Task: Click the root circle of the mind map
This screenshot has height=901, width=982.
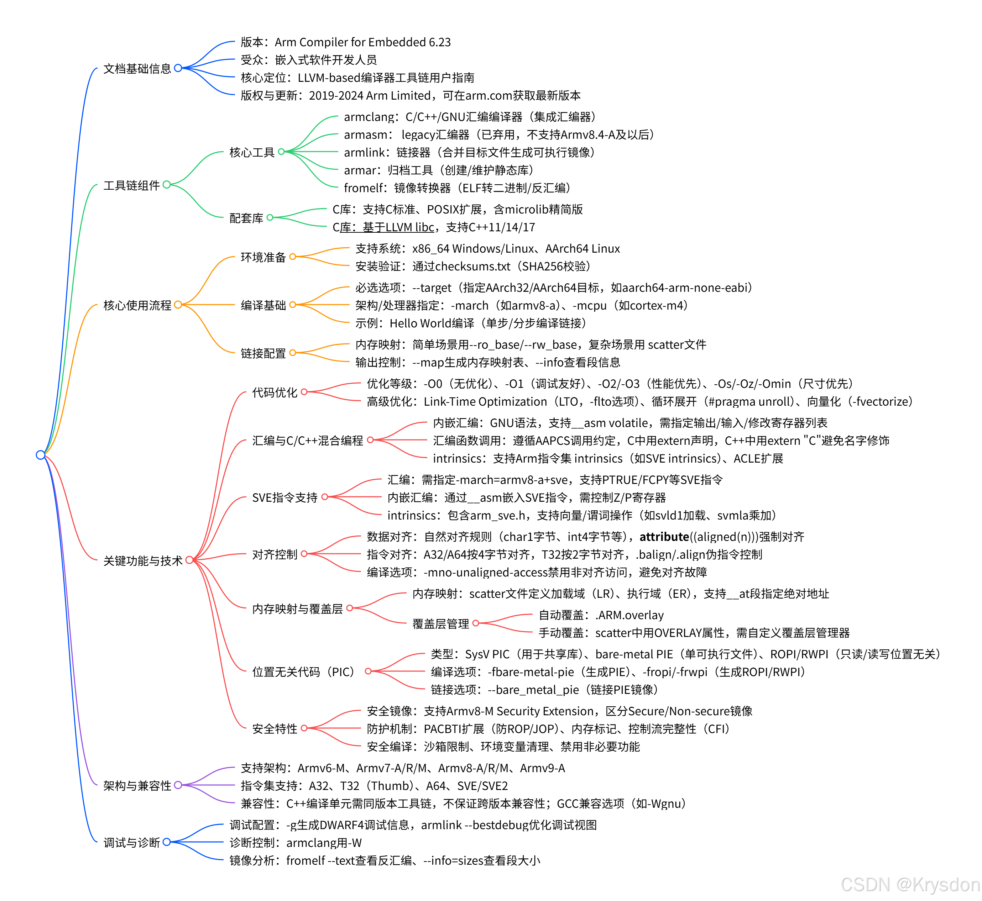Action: (41, 455)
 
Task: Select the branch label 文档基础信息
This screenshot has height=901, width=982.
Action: (137, 69)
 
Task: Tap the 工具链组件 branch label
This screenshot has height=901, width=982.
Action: (132, 185)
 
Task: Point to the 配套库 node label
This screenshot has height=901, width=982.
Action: (246, 218)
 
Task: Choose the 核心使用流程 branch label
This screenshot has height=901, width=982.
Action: (137, 305)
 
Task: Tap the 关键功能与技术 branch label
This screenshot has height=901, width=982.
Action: (143, 561)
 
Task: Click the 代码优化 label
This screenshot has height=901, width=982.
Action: (275, 392)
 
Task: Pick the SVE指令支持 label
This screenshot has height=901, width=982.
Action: (284, 497)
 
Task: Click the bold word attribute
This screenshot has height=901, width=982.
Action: (664, 537)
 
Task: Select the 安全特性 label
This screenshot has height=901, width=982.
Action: (275, 729)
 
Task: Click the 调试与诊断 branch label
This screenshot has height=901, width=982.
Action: (132, 843)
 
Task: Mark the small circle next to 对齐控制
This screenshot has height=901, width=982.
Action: (304, 554)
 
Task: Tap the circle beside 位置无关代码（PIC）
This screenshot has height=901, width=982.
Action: (368, 671)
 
